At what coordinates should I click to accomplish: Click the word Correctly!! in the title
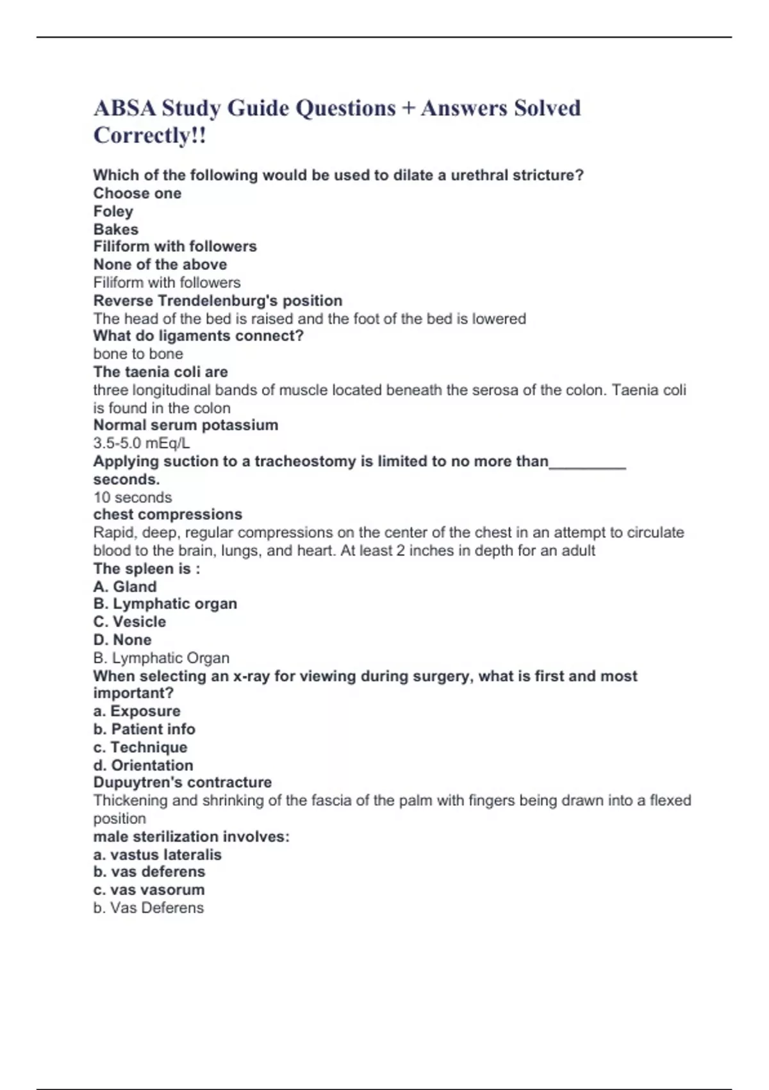(x=149, y=135)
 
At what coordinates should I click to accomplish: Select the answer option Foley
(x=113, y=211)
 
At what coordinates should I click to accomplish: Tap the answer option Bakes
(x=116, y=229)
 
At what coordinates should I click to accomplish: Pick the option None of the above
(x=160, y=264)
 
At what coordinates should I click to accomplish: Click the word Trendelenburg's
(x=217, y=301)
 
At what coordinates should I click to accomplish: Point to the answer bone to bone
(x=138, y=354)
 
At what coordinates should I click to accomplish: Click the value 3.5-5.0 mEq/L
(x=142, y=443)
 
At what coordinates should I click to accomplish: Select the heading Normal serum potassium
(x=186, y=425)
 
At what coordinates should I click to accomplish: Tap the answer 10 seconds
(x=133, y=498)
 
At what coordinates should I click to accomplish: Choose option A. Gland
(x=125, y=587)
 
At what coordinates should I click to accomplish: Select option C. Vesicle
(x=129, y=622)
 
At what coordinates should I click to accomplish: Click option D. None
(x=122, y=640)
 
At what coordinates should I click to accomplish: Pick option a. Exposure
(x=137, y=711)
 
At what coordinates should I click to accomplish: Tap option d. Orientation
(x=143, y=765)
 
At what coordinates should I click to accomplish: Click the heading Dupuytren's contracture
(x=183, y=782)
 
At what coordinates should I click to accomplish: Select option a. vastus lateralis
(x=158, y=855)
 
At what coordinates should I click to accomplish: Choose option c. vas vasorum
(x=149, y=890)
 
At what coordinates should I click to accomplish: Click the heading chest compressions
(x=168, y=514)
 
